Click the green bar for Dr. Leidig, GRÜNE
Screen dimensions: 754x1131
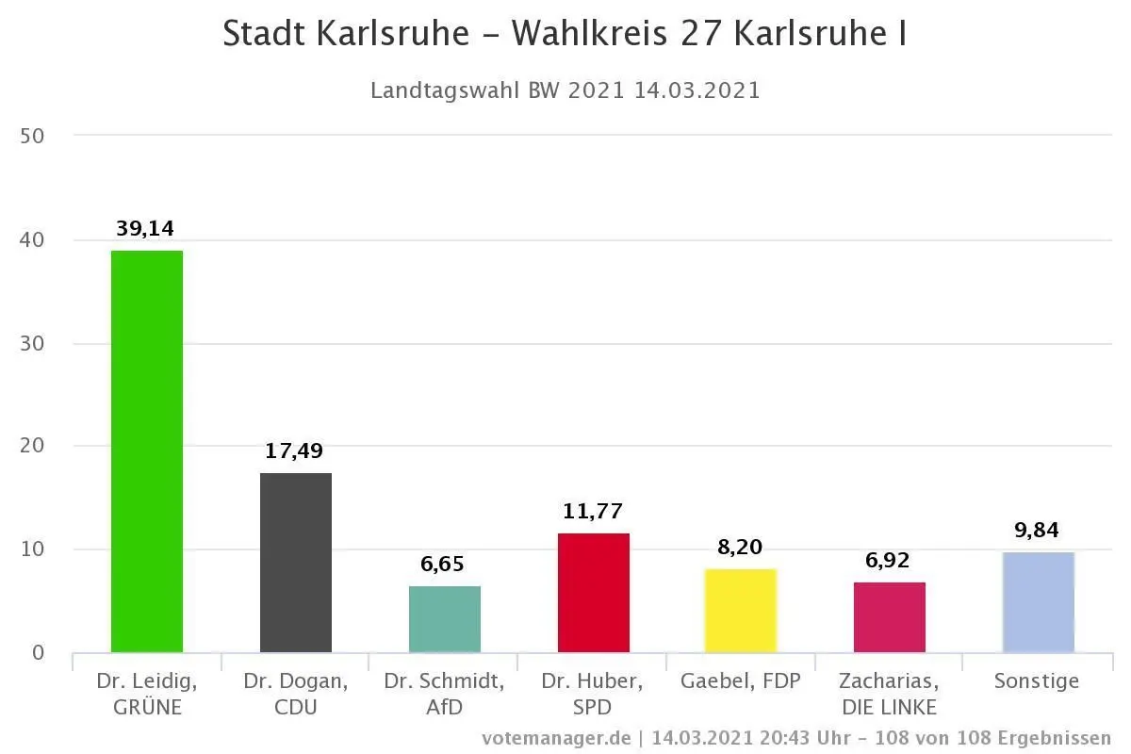coord(147,451)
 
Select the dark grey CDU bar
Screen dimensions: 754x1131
coord(296,563)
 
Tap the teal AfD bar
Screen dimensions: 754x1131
coord(445,619)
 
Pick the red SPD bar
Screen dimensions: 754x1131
coord(594,593)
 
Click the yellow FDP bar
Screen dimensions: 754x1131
coord(741,611)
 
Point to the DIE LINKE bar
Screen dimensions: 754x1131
coord(890,617)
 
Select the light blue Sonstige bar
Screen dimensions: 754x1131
coord(1039,602)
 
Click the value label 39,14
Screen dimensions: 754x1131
coord(145,228)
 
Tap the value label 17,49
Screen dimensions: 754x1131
coord(294,451)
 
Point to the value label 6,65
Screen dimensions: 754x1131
coord(443,565)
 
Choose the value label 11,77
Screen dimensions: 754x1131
coord(593,512)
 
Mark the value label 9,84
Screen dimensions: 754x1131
coord(1038,530)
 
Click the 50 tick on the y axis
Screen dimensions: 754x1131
coord(33,136)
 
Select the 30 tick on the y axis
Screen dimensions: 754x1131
coord(33,343)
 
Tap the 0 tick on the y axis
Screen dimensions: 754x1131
coord(38,652)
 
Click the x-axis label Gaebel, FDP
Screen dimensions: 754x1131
coord(741,681)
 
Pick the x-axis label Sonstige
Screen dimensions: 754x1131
coord(1037,681)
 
